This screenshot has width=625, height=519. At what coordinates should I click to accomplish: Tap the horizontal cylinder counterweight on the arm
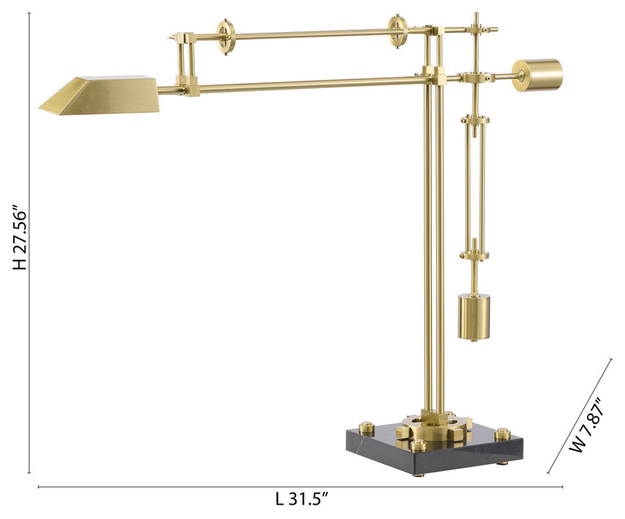coord(537,75)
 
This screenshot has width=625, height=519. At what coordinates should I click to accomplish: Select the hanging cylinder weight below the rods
coord(474,316)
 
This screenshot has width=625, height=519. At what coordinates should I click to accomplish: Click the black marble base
coord(436,452)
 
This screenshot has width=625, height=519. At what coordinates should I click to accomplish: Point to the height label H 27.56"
coord(20,237)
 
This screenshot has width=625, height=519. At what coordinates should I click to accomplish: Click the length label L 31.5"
coord(302,499)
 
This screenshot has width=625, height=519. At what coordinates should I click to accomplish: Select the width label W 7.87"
coord(585,424)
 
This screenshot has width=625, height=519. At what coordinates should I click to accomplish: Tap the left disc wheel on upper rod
coord(225,37)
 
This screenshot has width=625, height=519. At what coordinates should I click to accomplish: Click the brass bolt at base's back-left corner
coord(367,429)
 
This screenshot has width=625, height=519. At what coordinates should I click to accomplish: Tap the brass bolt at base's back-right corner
coord(503,434)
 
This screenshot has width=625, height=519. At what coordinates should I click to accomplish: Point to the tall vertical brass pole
coord(434,253)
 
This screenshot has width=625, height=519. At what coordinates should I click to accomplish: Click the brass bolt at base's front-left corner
coord(417,446)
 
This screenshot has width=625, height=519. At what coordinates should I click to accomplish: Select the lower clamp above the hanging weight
coord(474,254)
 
